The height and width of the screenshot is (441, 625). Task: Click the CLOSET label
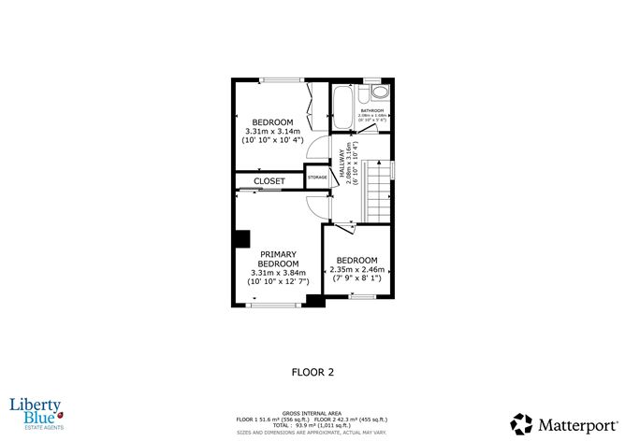269,181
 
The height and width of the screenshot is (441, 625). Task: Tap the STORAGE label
318,177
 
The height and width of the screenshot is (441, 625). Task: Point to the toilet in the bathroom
378,93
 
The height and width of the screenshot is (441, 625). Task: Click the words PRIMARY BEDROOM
278,259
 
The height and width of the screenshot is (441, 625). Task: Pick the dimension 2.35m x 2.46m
356,269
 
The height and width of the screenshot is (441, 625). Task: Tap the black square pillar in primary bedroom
242,239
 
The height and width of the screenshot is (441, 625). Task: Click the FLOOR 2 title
313,371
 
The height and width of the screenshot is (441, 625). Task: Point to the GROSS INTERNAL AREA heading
312,410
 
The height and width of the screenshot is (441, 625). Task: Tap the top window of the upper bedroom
277,80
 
